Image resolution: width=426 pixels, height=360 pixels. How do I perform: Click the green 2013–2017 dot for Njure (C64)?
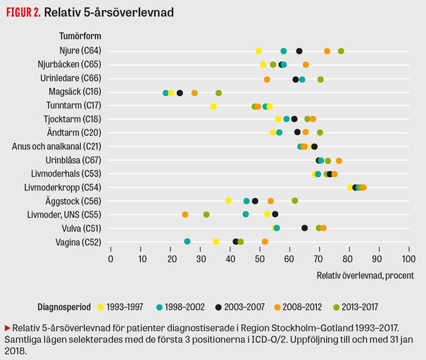click(x=341, y=51)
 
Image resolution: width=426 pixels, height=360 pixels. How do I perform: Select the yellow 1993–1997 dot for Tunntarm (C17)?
click(x=214, y=107)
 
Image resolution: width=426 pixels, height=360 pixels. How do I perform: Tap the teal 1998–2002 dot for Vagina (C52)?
click(x=187, y=242)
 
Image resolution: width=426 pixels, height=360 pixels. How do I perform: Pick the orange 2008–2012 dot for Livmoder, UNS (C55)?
click(x=185, y=214)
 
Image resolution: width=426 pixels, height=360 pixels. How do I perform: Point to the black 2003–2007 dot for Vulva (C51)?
click(x=305, y=228)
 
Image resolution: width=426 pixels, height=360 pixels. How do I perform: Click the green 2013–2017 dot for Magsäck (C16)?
click(x=219, y=93)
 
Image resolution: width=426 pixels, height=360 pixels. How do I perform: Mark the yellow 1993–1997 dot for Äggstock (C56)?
click(x=229, y=201)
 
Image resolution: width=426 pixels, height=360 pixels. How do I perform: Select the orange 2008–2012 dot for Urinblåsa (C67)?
click(x=339, y=161)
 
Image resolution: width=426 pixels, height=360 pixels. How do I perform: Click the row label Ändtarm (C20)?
click(x=74, y=133)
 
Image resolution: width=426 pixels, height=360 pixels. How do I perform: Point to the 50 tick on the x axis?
click(x=260, y=258)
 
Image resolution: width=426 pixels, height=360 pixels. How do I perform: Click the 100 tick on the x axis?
click(x=408, y=258)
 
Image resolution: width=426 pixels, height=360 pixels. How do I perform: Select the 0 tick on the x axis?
click(x=111, y=258)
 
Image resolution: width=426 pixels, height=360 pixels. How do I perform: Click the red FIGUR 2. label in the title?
click(x=23, y=12)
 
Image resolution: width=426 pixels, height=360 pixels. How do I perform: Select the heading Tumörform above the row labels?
click(x=80, y=37)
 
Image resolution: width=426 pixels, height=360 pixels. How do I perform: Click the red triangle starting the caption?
click(x=7, y=327)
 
